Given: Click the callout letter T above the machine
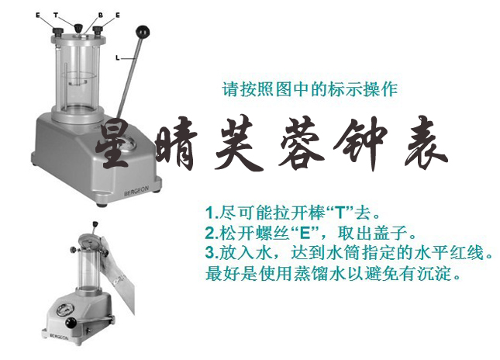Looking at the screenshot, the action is [56, 15].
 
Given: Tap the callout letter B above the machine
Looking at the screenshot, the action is [101, 15].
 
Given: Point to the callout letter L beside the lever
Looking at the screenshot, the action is [118, 57].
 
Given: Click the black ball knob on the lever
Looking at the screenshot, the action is [143, 32].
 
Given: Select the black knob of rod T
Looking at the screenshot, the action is [78, 28].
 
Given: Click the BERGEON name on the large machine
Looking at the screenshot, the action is [136, 191].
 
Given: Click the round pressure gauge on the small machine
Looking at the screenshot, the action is [65, 310].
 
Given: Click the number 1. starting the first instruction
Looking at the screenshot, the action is [212, 213].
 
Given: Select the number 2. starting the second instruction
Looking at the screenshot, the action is [212, 233].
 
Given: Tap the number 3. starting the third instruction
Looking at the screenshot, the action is [212, 252].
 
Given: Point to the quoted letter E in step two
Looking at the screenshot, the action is [305, 233].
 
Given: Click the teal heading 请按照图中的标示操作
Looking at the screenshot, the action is [310, 89].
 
